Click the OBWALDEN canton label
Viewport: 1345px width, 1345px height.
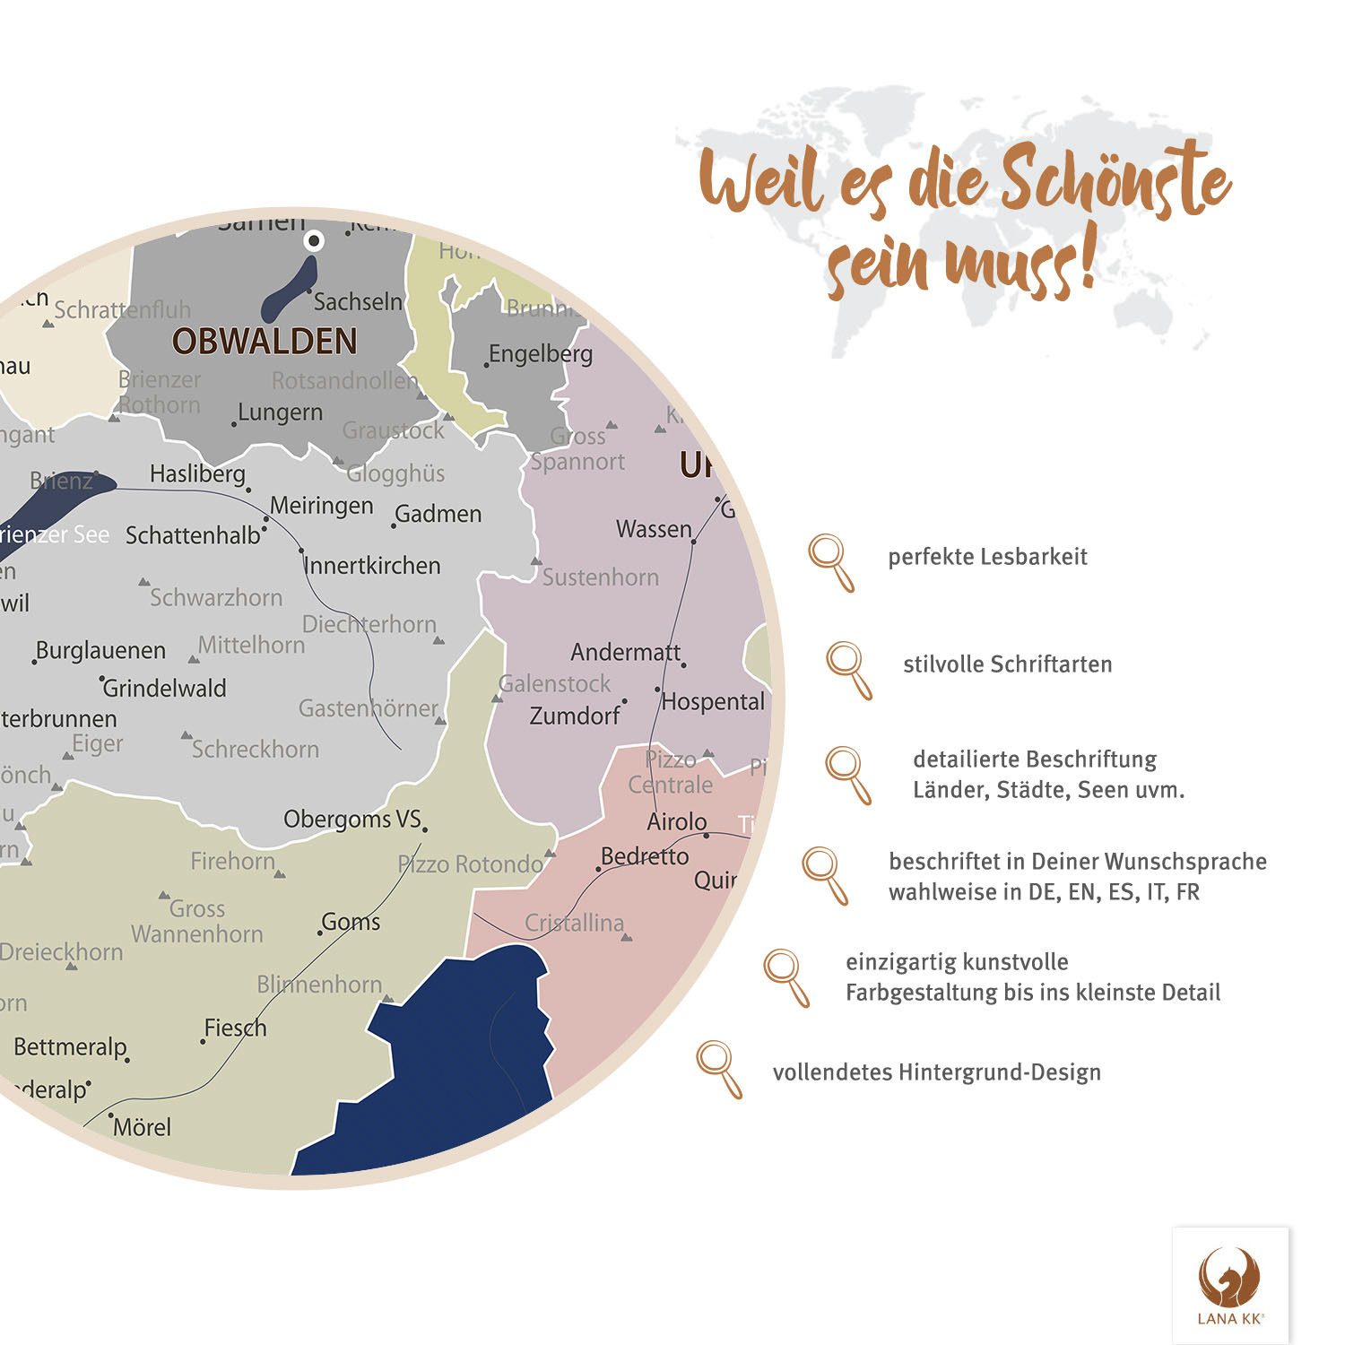[265, 342]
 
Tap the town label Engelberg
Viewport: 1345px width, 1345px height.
[540, 354]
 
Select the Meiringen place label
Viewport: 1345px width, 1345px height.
[321, 506]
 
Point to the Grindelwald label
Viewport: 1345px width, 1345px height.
[164, 689]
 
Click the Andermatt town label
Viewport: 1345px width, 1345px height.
[625, 652]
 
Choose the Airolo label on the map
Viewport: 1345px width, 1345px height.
[677, 821]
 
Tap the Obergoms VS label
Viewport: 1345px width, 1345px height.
[351, 819]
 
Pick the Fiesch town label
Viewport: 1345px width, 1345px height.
[235, 1028]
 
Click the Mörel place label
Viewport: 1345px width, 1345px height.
[142, 1127]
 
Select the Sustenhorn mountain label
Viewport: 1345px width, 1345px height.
[600, 577]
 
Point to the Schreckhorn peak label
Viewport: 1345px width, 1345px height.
[255, 749]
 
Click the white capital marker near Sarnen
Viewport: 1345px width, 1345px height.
[315, 240]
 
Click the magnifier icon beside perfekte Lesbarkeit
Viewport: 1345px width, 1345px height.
[831, 562]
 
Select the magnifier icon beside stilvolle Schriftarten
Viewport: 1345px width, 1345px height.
[848, 669]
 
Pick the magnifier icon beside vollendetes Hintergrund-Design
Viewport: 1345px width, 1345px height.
[719, 1068]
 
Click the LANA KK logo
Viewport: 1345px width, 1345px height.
[1230, 1285]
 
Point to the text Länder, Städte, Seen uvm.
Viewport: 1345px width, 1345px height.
[1048, 790]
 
